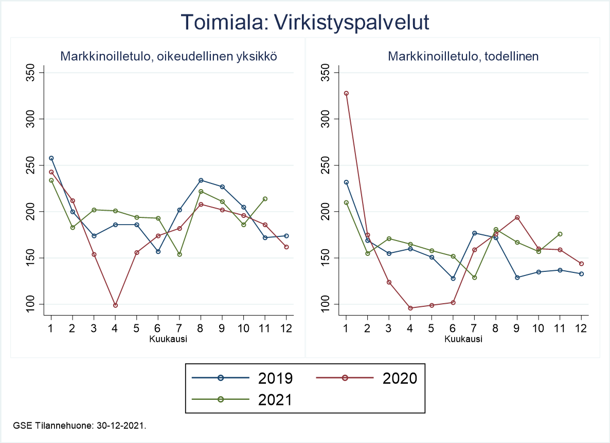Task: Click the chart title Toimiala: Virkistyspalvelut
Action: [305, 22]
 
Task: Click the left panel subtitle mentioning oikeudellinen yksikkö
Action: [169, 57]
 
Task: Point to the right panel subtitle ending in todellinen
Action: [463, 57]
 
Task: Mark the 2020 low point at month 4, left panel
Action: [115, 305]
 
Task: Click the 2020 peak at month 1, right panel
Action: [346, 94]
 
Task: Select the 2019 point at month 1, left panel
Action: [51, 158]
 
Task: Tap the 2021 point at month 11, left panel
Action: [265, 199]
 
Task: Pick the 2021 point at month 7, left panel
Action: [180, 254]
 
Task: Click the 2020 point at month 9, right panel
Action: [517, 217]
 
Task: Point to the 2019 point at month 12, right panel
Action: [581, 274]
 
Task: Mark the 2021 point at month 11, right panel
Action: [560, 234]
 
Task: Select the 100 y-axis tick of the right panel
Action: [327, 304]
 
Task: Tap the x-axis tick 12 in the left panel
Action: [286, 328]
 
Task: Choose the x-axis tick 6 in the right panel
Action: [453, 328]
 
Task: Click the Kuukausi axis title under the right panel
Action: [463, 339]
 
